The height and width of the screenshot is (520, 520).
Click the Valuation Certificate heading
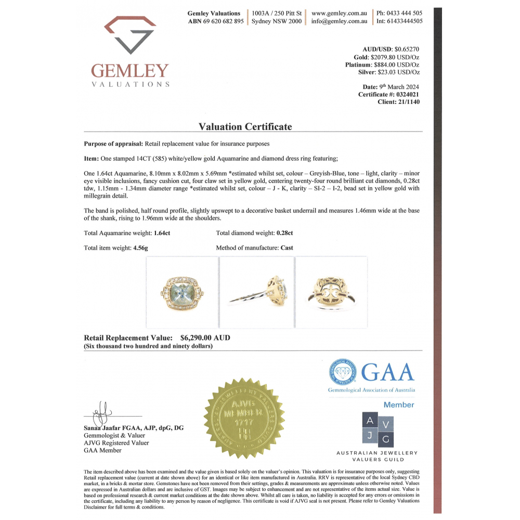pos(245,127)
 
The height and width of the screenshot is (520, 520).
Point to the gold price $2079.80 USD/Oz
pos(395,57)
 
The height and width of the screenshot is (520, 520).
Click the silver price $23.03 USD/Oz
pos(399,73)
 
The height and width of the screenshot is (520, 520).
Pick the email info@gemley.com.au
pos(340,21)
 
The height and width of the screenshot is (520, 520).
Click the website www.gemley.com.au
pos(340,13)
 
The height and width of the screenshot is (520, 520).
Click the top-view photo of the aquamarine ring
pos(182,293)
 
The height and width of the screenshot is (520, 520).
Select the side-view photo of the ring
pos(257,293)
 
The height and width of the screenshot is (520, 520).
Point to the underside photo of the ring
pos(331,293)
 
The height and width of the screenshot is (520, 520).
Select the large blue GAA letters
pos(387,372)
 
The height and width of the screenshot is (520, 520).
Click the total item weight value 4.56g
pos(140,248)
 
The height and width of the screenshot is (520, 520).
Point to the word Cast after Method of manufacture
pos(287,248)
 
